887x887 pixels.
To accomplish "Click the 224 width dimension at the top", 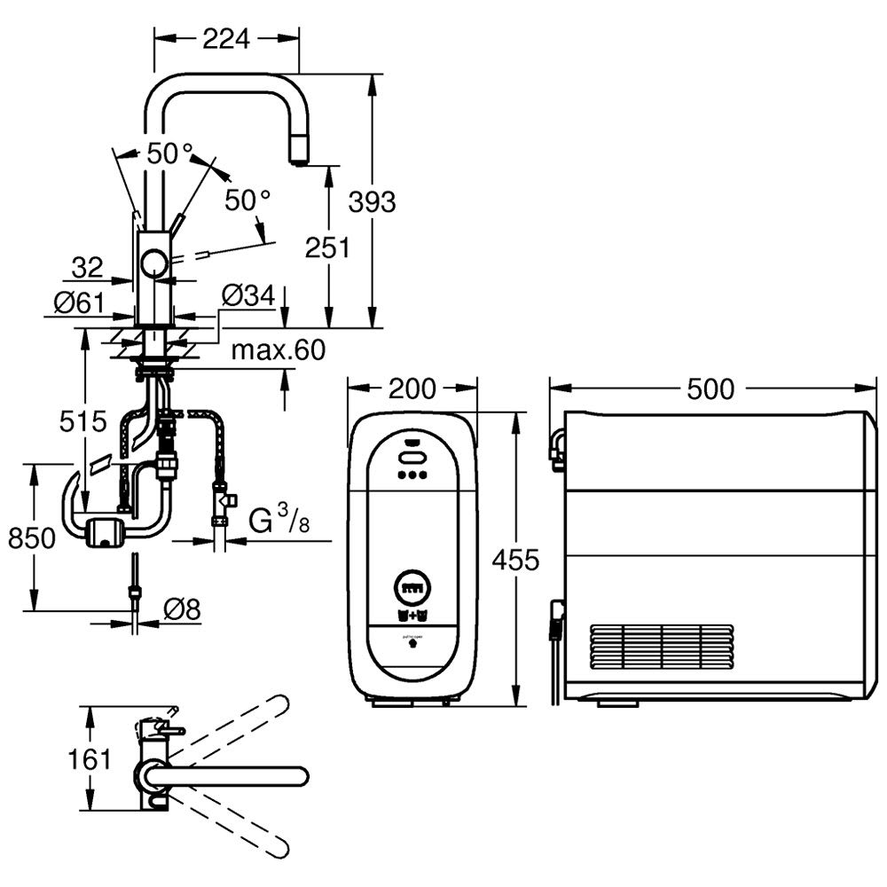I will point(226,37).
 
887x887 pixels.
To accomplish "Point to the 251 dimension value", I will point(327,247).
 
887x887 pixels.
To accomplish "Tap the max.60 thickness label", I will point(279,351).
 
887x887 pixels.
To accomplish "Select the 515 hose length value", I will point(85,421).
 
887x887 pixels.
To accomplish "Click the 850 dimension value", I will point(33,537).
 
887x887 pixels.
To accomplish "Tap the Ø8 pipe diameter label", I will point(183,608).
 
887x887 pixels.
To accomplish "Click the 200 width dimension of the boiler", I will point(412,389).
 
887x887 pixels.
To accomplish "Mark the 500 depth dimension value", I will point(710,389).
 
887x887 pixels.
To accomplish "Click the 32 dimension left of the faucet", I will point(89,266).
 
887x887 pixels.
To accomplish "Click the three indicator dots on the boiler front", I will point(412,475).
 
